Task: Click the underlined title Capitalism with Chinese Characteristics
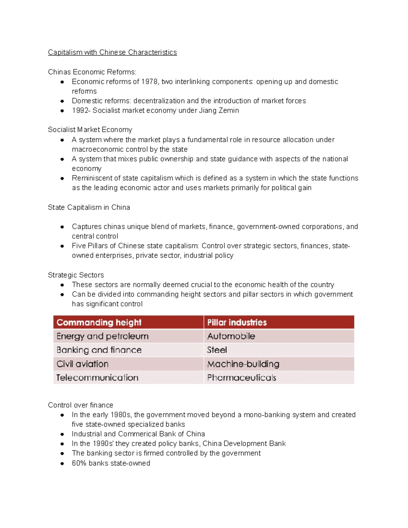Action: pos(112,52)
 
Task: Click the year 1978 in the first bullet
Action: pos(149,82)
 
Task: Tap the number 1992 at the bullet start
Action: pos(80,110)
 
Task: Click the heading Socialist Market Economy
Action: pos(90,130)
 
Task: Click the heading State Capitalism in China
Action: pos(89,207)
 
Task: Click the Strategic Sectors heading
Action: pos(76,275)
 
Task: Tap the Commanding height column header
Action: pos(99,322)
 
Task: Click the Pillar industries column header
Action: pos(237,322)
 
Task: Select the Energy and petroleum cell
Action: pos(102,336)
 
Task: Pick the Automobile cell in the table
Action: pos(231,336)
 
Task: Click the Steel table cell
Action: pos(217,350)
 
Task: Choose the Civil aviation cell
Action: pos(82,364)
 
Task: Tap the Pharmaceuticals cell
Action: pos(241,378)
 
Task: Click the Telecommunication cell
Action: pos(97,378)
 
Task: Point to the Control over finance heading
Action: pos(81,405)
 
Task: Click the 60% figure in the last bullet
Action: pos(79,463)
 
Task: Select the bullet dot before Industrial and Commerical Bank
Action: pos(62,434)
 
